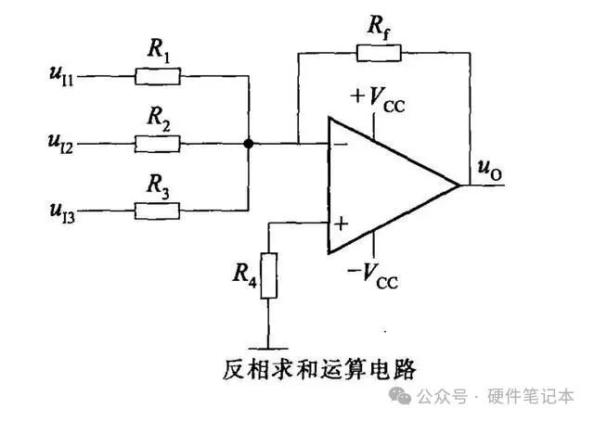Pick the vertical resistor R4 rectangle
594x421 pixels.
pos(269,275)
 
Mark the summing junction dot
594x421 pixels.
pos(249,144)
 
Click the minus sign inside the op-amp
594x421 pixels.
pos(341,145)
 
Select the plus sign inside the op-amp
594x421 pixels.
pos(341,223)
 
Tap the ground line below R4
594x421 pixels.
pos(269,339)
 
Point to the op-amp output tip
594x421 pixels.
pos(459,185)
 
